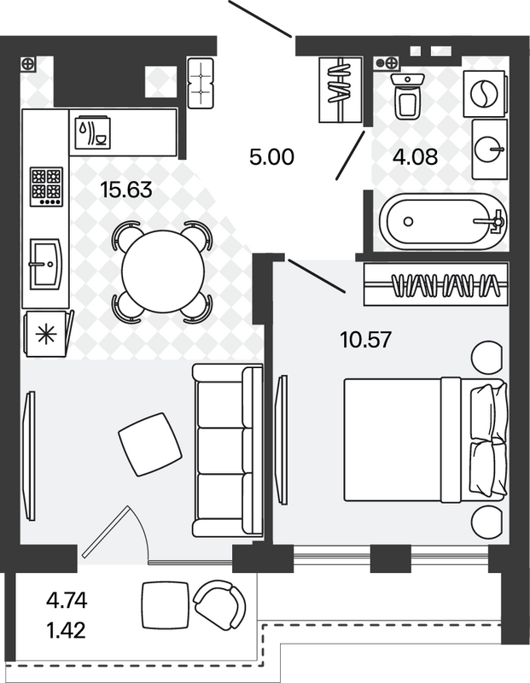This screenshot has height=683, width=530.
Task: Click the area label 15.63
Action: click(125, 190)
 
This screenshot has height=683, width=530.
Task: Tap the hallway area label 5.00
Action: click(271, 157)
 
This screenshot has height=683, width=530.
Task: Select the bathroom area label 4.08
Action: click(415, 157)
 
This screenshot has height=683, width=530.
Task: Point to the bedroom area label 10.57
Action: click(366, 340)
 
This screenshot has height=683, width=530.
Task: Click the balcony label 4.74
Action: click(67, 601)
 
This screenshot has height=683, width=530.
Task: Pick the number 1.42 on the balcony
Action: click(67, 630)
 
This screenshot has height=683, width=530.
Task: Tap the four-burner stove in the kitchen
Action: click(46, 187)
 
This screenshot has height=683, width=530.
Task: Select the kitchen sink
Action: click(46, 264)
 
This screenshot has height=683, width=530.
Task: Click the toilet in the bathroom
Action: click(408, 96)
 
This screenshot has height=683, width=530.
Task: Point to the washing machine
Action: click(486, 94)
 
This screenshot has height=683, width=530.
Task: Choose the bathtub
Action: click(443, 222)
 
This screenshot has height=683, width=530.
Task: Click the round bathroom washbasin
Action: click(490, 149)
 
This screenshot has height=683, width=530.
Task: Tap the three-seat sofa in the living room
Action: click(227, 451)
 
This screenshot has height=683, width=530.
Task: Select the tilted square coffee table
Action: click(150, 444)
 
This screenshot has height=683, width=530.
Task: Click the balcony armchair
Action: click(220, 604)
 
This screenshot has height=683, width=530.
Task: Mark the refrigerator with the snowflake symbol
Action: click(48, 334)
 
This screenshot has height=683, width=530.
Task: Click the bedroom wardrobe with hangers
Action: click(436, 284)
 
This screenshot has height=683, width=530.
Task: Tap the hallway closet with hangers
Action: click(341, 90)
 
